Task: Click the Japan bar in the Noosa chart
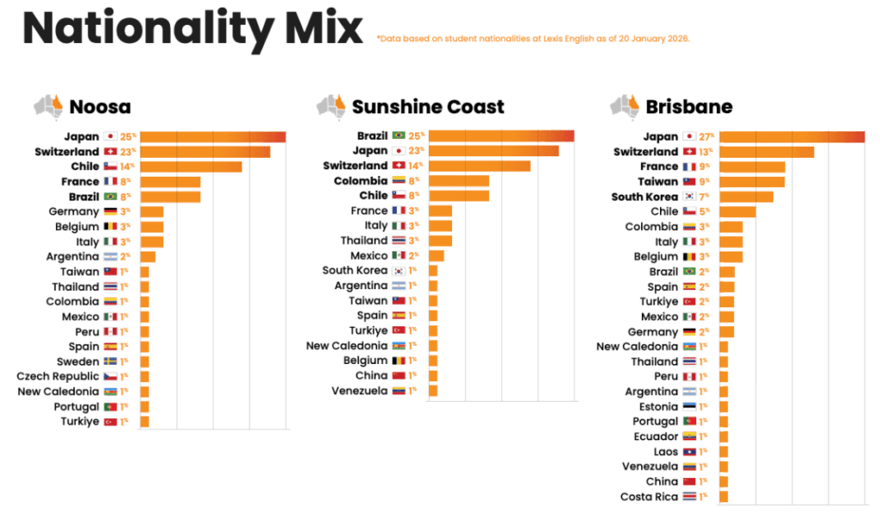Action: [x=212, y=136]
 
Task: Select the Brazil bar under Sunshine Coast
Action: [x=501, y=136]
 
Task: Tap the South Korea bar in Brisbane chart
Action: [x=746, y=197]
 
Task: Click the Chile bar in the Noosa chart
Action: [x=190, y=167]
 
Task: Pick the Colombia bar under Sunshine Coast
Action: [x=458, y=181]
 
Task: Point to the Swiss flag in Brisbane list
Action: [x=688, y=152]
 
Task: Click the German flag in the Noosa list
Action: [x=110, y=212]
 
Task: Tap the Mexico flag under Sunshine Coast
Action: [x=398, y=256]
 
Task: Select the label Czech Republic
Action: [x=58, y=377]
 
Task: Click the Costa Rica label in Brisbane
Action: [x=649, y=497]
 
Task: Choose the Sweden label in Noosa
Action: [x=78, y=361]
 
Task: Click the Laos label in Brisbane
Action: [x=665, y=451]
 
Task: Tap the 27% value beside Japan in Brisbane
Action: [x=707, y=136]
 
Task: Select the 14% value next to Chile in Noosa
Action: [x=127, y=167]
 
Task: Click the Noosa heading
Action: [x=100, y=107]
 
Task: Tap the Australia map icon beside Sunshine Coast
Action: [x=331, y=106]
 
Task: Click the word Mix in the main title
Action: [x=321, y=28]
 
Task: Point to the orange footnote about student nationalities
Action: [x=533, y=39]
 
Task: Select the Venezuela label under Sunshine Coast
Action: [x=359, y=391]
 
